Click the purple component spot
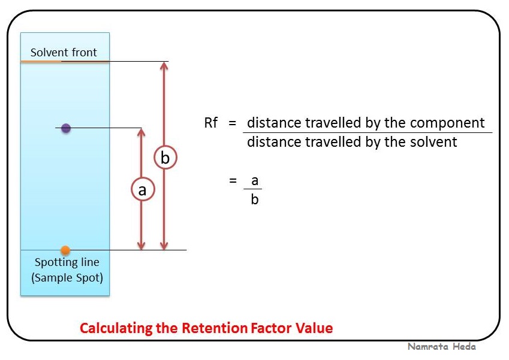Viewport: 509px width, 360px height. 66,128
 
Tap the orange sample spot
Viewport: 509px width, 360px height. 65,250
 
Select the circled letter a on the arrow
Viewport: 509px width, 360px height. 142,190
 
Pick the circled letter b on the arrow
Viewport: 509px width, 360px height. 165,158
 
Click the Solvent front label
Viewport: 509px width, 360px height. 64,53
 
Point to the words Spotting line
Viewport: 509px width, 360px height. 67,262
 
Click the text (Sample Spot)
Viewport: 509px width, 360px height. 67,277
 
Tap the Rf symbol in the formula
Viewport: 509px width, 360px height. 211,123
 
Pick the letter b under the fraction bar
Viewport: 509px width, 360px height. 255,199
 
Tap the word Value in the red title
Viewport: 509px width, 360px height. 315,328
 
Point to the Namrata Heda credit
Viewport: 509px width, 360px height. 441,347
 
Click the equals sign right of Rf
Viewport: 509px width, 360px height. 233,123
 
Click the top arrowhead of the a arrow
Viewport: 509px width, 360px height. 141,131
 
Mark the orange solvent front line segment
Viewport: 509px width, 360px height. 41,61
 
